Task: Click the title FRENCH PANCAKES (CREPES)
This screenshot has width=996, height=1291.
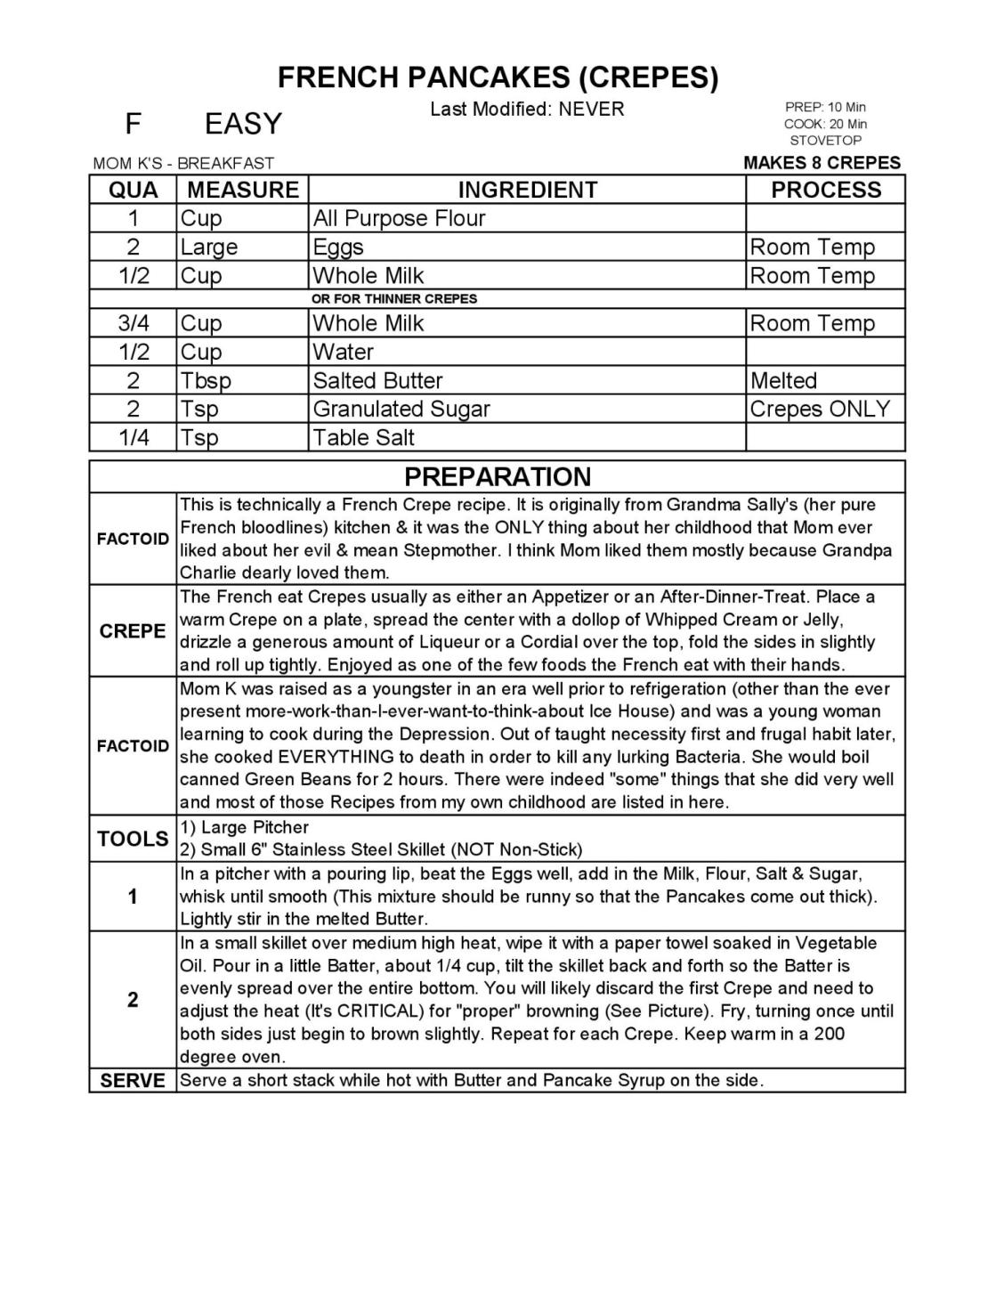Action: (x=498, y=77)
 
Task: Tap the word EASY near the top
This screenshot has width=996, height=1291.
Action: (x=243, y=124)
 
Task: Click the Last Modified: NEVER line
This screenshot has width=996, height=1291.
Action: (x=527, y=110)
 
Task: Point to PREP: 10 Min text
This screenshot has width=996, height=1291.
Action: (x=825, y=107)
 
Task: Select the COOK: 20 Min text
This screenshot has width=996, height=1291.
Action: (x=825, y=124)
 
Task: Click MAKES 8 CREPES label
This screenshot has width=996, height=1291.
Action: (x=822, y=163)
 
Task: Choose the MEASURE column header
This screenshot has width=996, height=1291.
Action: (x=243, y=190)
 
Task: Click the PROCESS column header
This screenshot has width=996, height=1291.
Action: (x=825, y=190)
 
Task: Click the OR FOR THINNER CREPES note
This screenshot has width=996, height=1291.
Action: (x=394, y=299)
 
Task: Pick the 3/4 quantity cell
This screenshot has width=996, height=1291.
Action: (x=134, y=323)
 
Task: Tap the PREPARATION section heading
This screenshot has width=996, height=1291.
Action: (x=498, y=476)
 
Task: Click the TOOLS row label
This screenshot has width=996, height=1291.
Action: (x=133, y=839)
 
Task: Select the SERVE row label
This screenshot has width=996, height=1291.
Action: (x=133, y=1081)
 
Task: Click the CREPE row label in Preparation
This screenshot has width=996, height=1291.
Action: (x=133, y=631)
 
